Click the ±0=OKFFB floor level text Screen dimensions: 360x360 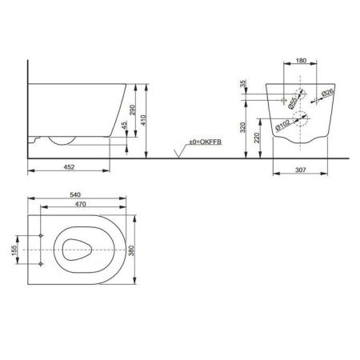(x=203, y=142)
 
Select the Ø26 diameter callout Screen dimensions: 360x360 (x=327, y=94)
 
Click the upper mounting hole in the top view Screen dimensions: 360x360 (x=41, y=237)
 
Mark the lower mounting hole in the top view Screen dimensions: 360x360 (x=41, y=263)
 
